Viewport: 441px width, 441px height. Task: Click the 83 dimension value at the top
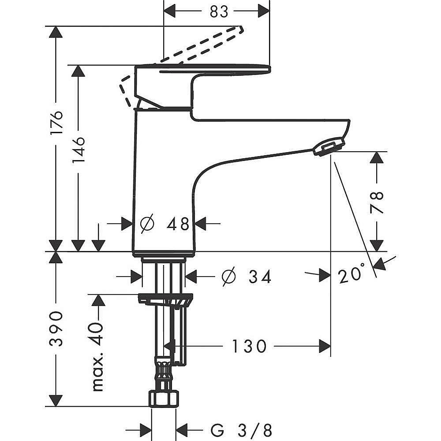pyautogui.click(x=219, y=11)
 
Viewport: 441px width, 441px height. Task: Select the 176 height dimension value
pyautogui.click(x=56, y=123)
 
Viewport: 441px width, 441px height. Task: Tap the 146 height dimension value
pyautogui.click(x=78, y=150)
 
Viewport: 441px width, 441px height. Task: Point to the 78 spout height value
pyautogui.click(x=377, y=202)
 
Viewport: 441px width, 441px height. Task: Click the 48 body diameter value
pyautogui.click(x=178, y=224)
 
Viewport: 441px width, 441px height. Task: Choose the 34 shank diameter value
pyautogui.click(x=260, y=277)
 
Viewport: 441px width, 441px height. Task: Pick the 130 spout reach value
pyautogui.click(x=249, y=346)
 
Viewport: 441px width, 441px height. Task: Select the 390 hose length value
pyautogui.click(x=56, y=329)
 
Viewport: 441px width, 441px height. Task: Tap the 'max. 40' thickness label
pyautogui.click(x=98, y=357)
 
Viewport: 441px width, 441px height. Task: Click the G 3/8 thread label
pyautogui.click(x=242, y=430)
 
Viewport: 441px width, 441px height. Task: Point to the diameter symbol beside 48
pyautogui.click(x=147, y=224)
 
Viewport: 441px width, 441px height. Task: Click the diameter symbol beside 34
pyautogui.click(x=229, y=277)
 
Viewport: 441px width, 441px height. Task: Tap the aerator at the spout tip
pyautogui.click(x=329, y=146)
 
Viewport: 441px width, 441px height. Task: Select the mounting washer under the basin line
pyautogui.click(x=165, y=300)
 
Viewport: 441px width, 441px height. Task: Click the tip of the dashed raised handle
pyautogui.click(x=241, y=29)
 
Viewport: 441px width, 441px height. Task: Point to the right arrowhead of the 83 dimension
pyautogui.click(x=264, y=11)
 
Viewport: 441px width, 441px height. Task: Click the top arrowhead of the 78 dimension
pyautogui.click(x=377, y=157)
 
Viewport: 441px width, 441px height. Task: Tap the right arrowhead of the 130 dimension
pyautogui.click(x=325, y=346)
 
